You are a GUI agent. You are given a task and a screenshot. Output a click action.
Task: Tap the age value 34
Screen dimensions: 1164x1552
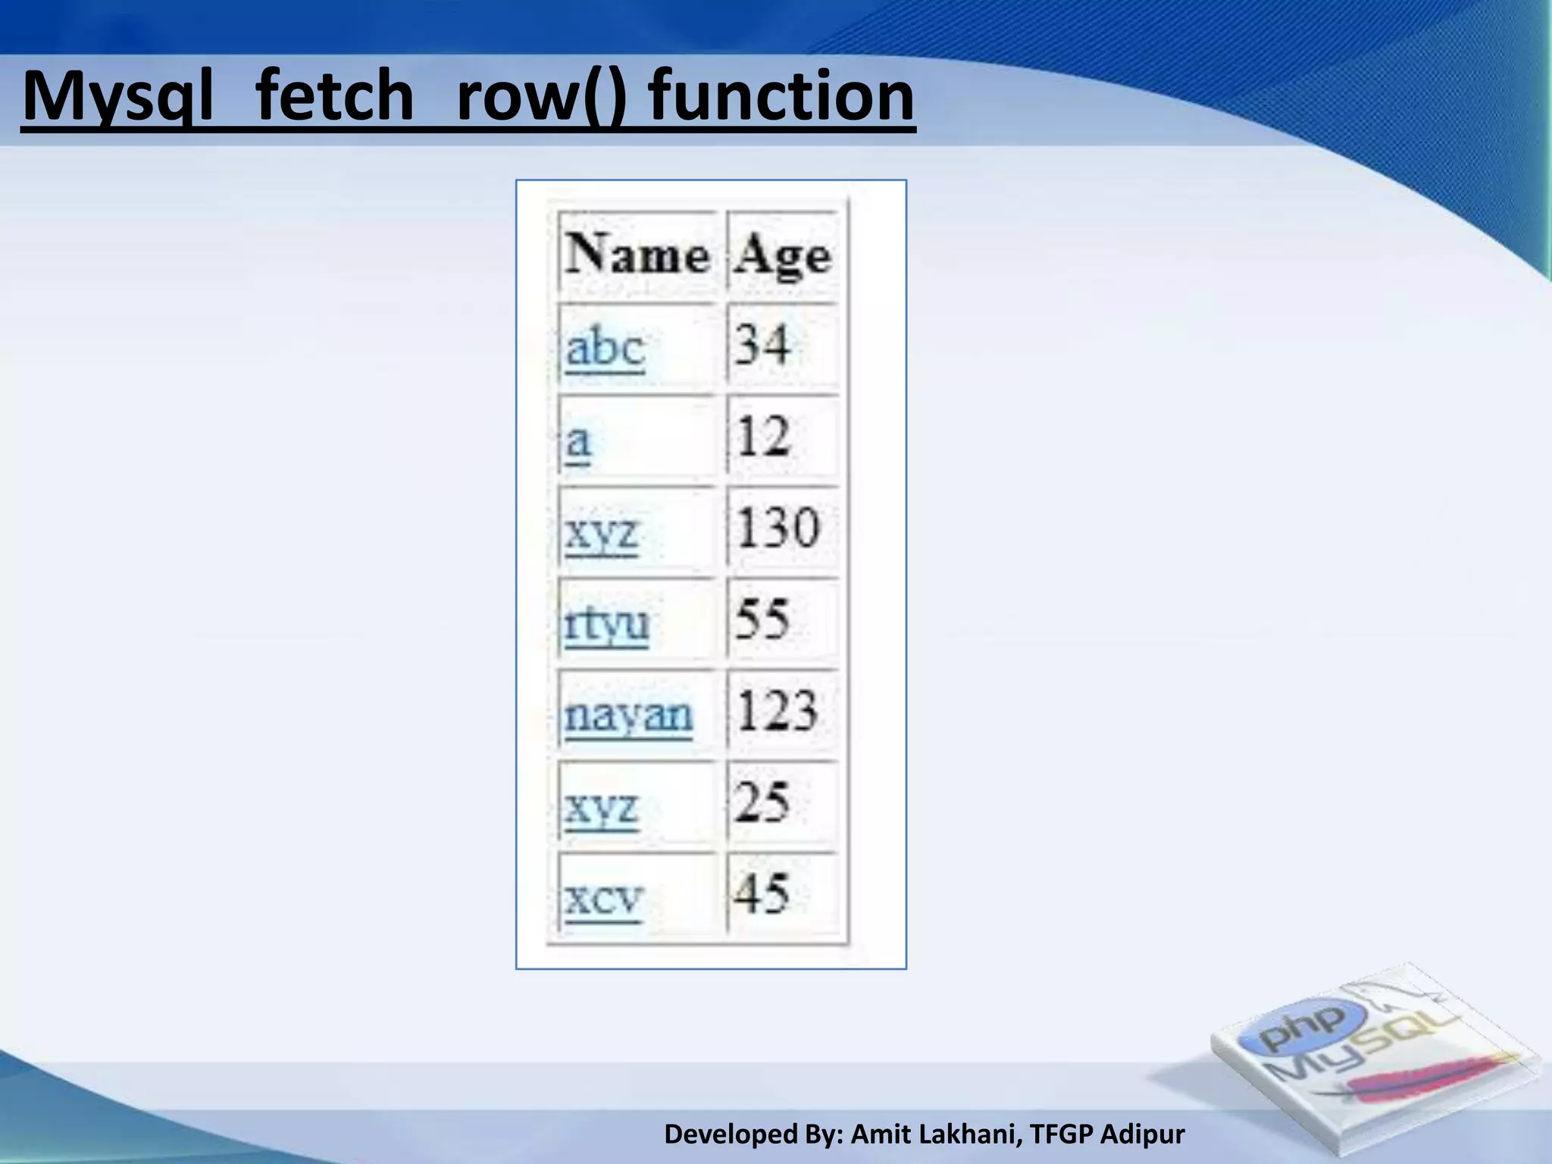click(x=762, y=346)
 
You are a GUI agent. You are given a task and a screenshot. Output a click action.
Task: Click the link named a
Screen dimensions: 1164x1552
click(x=578, y=440)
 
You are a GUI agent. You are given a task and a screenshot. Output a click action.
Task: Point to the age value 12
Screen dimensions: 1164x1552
click(x=763, y=437)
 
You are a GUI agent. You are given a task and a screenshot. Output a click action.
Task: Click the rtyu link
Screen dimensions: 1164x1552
click(x=607, y=624)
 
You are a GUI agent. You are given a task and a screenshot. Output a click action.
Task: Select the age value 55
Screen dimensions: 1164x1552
click(x=762, y=619)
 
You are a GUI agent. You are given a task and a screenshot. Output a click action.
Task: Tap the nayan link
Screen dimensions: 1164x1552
click(x=628, y=715)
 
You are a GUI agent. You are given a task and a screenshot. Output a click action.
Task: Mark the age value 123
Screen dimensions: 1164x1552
click(x=778, y=712)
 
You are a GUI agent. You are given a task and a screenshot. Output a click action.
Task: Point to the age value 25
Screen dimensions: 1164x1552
click(x=762, y=803)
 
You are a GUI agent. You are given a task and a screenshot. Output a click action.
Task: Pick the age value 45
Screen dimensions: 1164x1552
click(x=762, y=893)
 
